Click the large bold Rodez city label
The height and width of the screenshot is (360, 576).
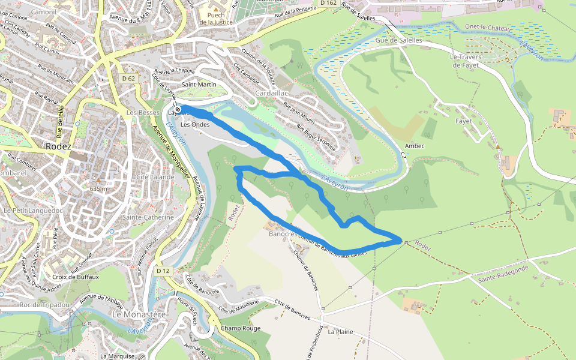pyautogui.click(x=58, y=146)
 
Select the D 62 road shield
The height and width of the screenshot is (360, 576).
pyautogui.click(x=128, y=79)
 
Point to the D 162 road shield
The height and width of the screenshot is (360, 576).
pyautogui.click(x=328, y=3)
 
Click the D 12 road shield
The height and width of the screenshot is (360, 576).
pyautogui.click(x=163, y=271)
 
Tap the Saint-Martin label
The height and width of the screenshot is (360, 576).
pyautogui.click(x=199, y=85)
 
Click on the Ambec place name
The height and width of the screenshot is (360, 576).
pyautogui.click(x=415, y=146)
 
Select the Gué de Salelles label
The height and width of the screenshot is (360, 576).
pyautogui.click(x=399, y=40)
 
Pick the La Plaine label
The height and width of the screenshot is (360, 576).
pyautogui.click(x=340, y=331)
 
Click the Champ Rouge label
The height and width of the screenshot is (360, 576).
pyautogui.click(x=241, y=328)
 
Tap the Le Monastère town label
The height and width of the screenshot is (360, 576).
pyautogui.click(x=139, y=314)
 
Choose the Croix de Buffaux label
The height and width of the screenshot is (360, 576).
pyautogui.click(x=76, y=277)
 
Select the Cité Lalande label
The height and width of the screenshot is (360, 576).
pyautogui.click(x=151, y=177)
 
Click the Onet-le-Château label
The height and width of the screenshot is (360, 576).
pyautogui.click(x=488, y=29)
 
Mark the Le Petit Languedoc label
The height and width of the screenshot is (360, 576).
pyautogui.click(x=33, y=211)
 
